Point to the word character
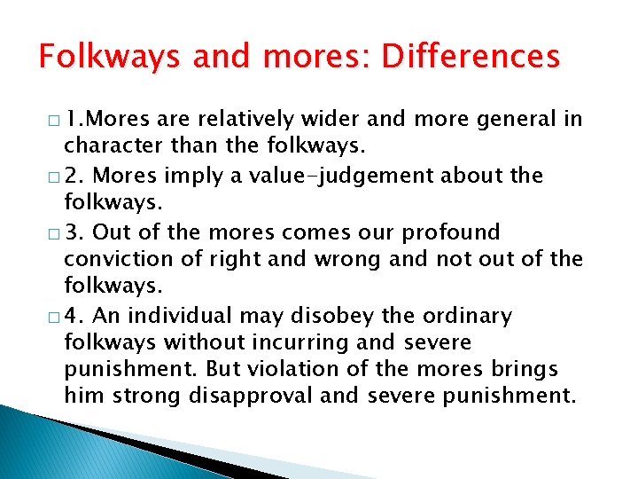pyautogui.click(x=109, y=146)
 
